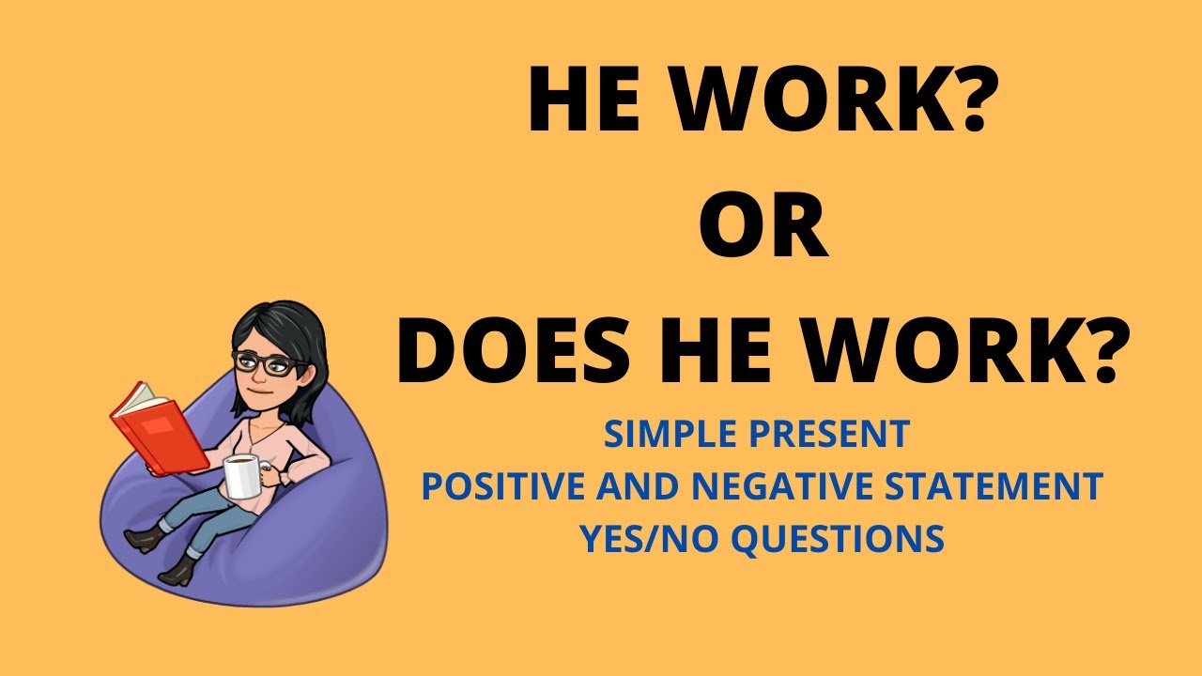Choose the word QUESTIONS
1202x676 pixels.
pos(837,539)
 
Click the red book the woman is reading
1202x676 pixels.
pos(160,427)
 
